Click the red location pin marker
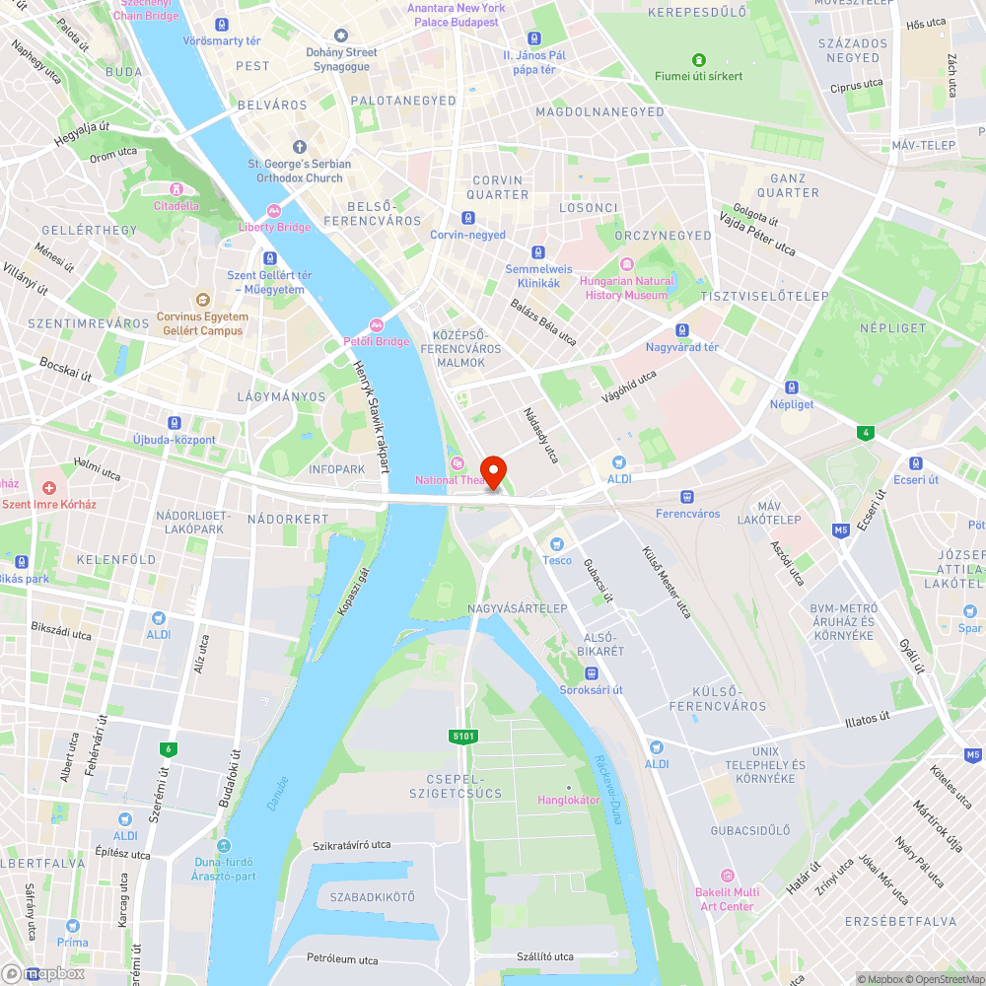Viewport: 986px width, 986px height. [493, 470]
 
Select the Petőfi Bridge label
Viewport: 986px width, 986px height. [376, 341]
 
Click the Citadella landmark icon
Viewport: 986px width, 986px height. [176, 189]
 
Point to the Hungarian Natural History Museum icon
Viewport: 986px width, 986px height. [627, 264]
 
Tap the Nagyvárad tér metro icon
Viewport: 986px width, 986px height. [681, 330]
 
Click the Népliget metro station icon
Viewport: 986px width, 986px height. [791, 387]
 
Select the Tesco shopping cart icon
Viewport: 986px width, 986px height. [557, 544]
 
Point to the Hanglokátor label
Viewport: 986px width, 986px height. [569, 800]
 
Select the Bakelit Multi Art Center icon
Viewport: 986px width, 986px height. [728, 876]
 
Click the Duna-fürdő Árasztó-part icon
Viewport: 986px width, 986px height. [224, 846]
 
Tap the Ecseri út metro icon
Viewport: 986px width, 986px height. [915, 463]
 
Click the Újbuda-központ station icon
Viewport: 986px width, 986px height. [175, 422]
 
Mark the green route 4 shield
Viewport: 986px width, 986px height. [866, 432]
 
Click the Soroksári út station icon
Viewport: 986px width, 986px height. [591, 673]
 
